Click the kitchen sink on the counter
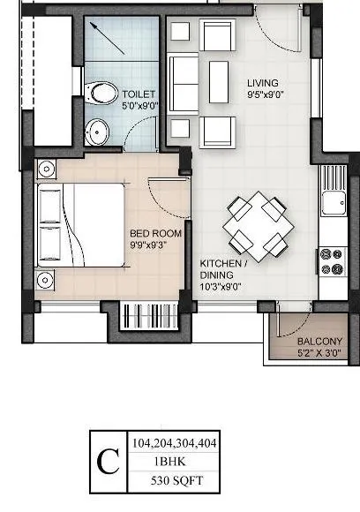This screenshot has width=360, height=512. [x=336, y=203]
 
